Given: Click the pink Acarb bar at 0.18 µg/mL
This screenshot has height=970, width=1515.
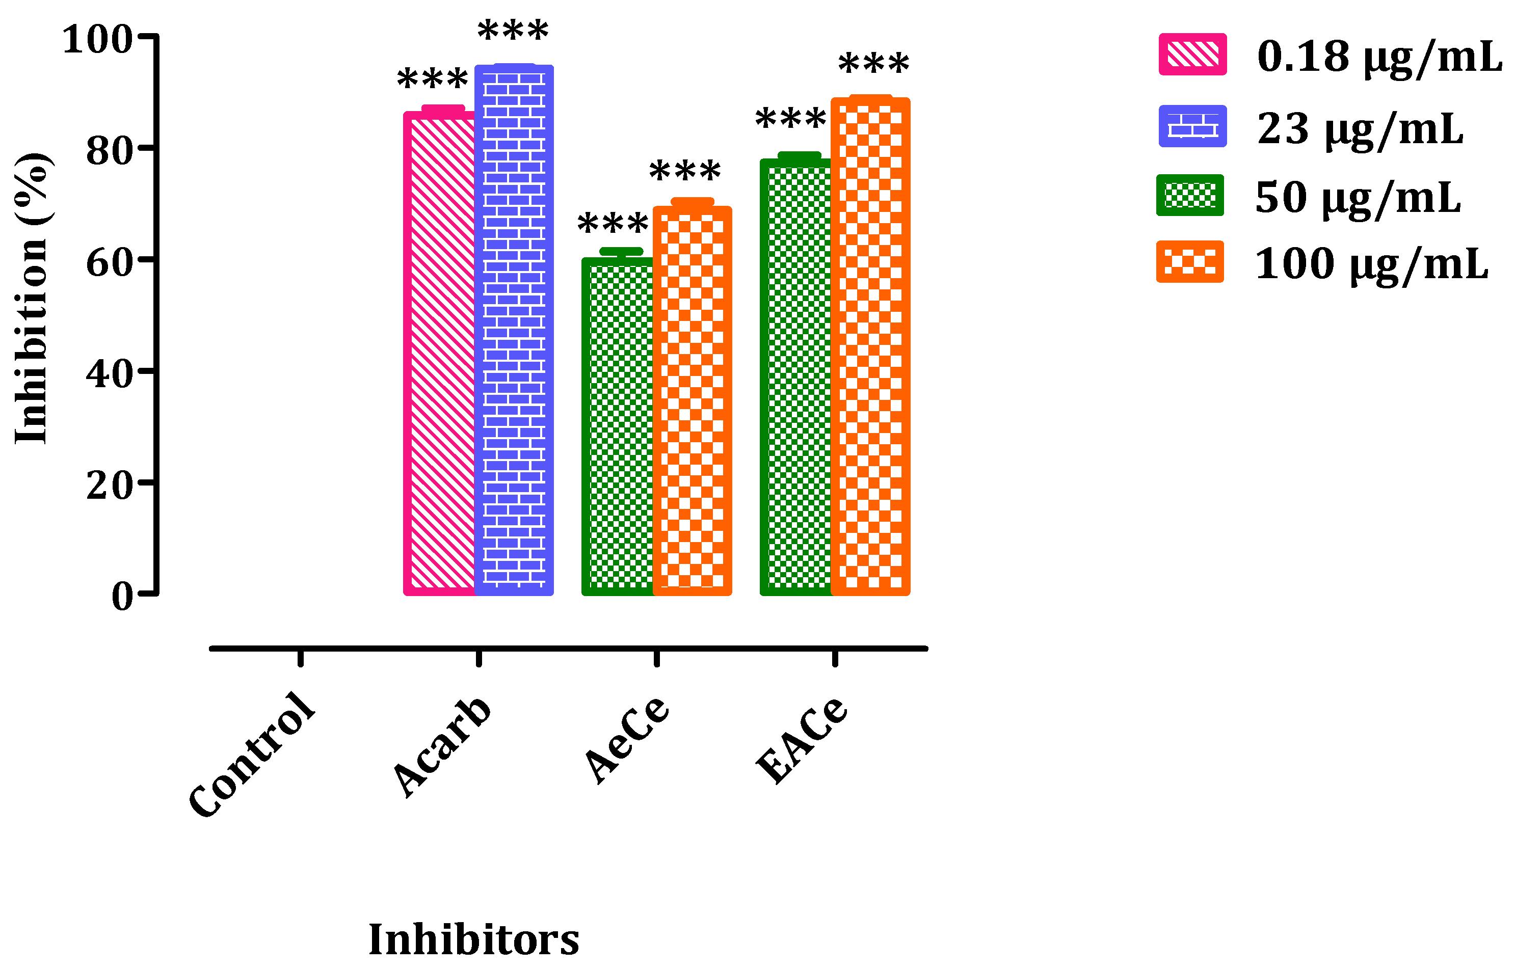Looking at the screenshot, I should tap(440, 353).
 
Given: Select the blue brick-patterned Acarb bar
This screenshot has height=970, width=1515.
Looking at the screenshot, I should tap(514, 330).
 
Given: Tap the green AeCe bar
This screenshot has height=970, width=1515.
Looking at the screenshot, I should tap(618, 426).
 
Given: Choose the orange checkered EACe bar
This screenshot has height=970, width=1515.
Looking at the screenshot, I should tap(870, 346).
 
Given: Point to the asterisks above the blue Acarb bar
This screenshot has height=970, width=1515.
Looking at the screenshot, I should tap(513, 30).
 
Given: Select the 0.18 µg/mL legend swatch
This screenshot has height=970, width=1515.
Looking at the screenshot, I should tap(1192, 55).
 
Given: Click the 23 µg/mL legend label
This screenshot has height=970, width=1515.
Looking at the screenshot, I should tap(1360, 129).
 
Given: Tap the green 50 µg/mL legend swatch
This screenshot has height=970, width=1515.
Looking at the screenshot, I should tap(1190, 195).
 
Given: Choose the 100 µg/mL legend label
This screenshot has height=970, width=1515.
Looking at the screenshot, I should tap(1371, 264).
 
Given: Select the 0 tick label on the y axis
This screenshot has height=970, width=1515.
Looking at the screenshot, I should tap(122, 597).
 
